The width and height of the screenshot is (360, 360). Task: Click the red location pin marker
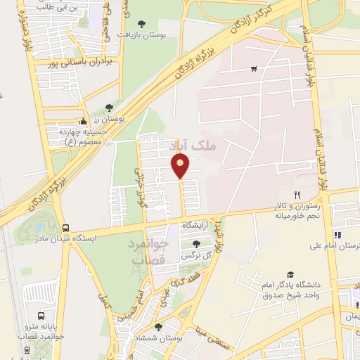181,165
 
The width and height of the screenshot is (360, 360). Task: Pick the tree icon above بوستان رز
109,108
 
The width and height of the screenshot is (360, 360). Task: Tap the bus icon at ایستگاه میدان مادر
65,229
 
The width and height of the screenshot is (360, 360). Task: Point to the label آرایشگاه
197,225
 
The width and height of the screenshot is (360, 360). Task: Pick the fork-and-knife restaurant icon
297,195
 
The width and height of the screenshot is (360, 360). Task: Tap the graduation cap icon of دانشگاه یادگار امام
290,275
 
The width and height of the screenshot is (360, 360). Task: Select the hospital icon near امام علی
337,235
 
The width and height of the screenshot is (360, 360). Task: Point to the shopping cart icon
253,69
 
